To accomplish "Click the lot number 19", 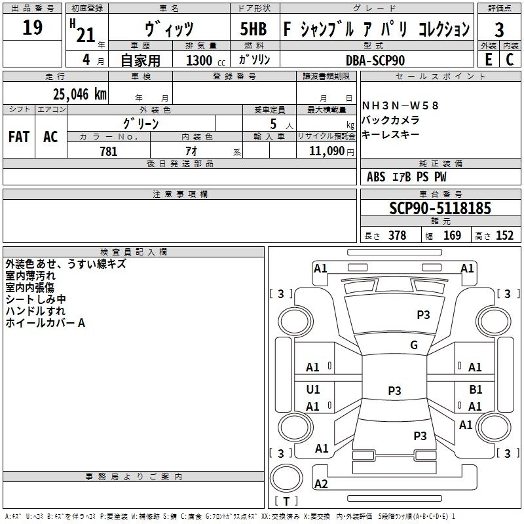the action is [x=32, y=28].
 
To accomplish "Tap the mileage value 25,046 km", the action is [x=80, y=94].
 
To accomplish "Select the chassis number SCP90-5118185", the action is [x=440, y=208].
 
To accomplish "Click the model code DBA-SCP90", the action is [x=375, y=60].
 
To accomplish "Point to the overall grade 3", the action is [x=499, y=30].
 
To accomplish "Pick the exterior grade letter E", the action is [x=489, y=60].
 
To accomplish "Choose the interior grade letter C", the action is [x=510, y=60].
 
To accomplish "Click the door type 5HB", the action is [x=253, y=29].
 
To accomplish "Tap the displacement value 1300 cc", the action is [x=206, y=60].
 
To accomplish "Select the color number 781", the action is [x=109, y=151].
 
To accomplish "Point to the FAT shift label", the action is [x=19, y=137].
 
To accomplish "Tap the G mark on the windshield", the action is [x=414, y=345].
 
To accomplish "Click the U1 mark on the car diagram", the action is [x=313, y=389].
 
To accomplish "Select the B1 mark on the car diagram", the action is [x=476, y=389].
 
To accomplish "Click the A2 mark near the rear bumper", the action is [x=321, y=483].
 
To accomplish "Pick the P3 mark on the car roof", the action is [x=394, y=390].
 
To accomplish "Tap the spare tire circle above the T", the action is [x=286, y=477].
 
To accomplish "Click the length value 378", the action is [x=397, y=236].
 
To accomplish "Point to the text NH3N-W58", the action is [x=400, y=105].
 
